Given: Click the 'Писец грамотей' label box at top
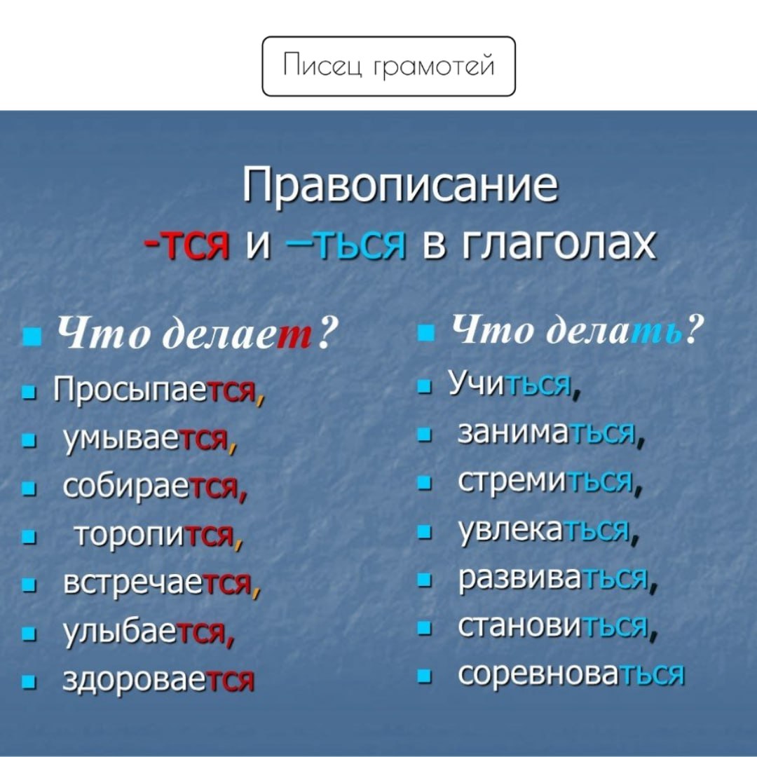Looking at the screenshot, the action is click(388, 66).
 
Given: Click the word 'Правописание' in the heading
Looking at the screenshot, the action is click(400, 185).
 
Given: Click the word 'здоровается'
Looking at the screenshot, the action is click(158, 680).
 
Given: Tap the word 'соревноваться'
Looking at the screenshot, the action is click(571, 674).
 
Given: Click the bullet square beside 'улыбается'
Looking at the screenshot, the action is click(29, 634).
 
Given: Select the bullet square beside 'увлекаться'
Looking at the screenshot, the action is click(424, 532).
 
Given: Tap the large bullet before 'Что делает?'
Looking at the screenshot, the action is click(30, 337).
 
